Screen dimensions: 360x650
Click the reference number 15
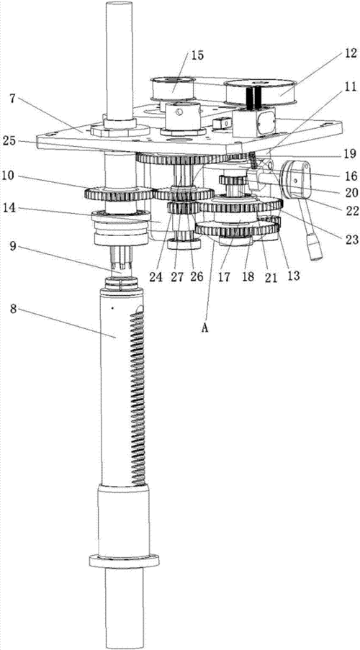coord(197,55)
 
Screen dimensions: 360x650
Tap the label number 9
coord(13,247)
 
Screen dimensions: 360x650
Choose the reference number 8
coord(13,309)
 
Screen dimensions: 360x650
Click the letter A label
coord(204,328)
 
